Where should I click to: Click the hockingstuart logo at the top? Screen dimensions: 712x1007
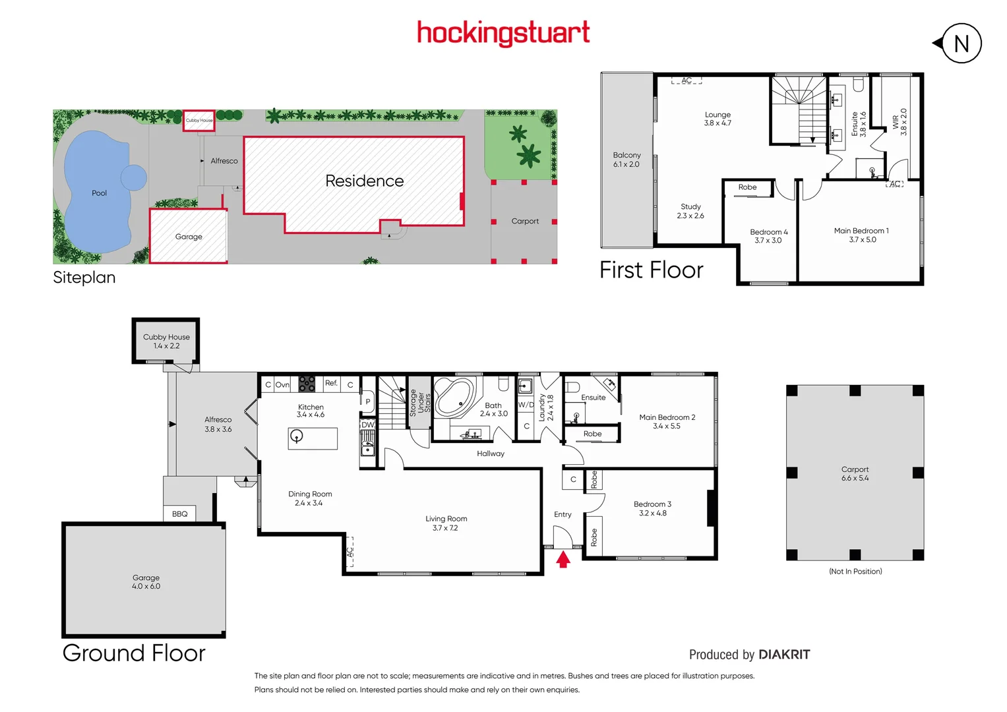(x=503, y=33)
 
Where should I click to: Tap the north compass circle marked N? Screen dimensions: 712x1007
(x=961, y=44)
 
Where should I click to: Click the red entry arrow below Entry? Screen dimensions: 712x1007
(x=563, y=560)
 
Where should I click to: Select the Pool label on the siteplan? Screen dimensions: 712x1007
(x=99, y=193)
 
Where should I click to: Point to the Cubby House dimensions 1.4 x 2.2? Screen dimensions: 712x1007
(x=166, y=346)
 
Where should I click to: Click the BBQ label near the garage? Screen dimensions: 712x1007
(x=179, y=514)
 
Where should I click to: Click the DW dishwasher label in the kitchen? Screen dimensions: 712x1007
(x=367, y=425)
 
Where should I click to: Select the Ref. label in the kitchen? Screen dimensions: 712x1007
(x=331, y=383)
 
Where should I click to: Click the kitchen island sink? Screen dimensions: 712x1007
(x=297, y=436)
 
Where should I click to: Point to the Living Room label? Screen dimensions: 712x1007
(x=446, y=519)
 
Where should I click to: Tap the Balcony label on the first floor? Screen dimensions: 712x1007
(x=626, y=156)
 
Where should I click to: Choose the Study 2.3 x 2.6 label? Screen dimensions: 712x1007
(x=690, y=211)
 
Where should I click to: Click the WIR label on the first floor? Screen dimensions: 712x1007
(x=896, y=122)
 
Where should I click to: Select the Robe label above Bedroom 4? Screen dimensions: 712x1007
(x=747, y=187)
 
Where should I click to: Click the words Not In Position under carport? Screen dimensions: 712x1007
(x=855, y=572)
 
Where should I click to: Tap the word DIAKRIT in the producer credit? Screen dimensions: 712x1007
(x=784, y=655)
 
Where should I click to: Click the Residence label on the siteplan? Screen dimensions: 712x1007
(x=364, y=181)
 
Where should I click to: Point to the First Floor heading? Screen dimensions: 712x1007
(x=651, y=270)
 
